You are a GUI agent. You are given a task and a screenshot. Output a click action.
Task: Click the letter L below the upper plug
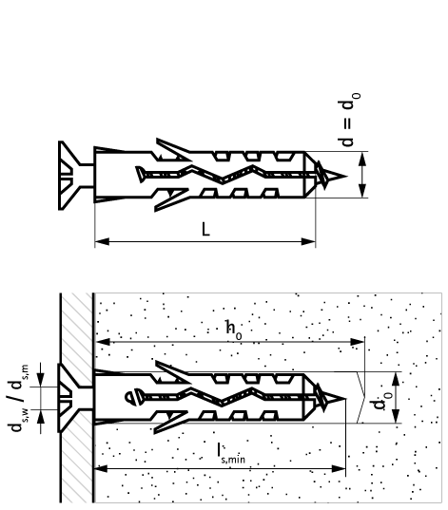pos(205,228)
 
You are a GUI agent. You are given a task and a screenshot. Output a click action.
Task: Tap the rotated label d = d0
pos(349,121)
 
